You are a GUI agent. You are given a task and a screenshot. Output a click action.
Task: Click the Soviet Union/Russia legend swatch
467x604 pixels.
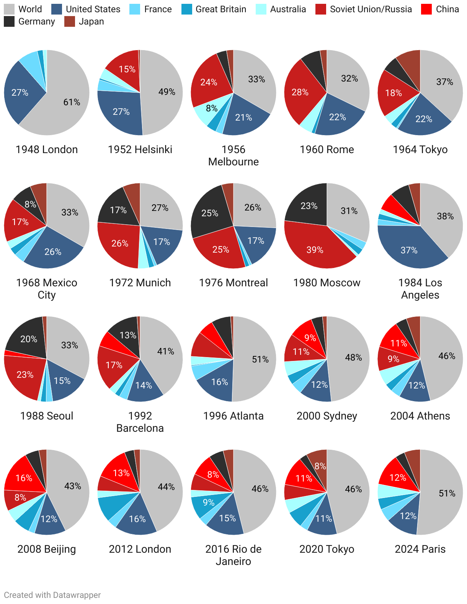(x=321, y=9)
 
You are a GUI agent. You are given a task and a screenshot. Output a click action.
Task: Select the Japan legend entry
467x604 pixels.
(x=70, y=21)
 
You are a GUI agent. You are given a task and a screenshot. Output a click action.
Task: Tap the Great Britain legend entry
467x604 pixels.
(x=187, y=9)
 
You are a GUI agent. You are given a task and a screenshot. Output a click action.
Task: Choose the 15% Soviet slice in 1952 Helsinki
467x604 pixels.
(x=126, y=70)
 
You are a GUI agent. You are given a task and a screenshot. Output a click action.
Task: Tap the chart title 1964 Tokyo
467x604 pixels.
(x=420, y=149)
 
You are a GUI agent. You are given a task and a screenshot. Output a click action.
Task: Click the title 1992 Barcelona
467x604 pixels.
(x=140, y=422)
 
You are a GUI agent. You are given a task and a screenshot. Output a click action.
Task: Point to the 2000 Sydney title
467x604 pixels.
(x=327, y=416)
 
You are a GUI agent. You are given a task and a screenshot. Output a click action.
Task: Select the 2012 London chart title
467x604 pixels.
(x=140, y=549)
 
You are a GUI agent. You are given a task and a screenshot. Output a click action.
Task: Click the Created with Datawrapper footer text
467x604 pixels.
(x=52, y=595)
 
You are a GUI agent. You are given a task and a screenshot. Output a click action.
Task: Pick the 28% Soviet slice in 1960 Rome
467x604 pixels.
(x=300, y=93)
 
